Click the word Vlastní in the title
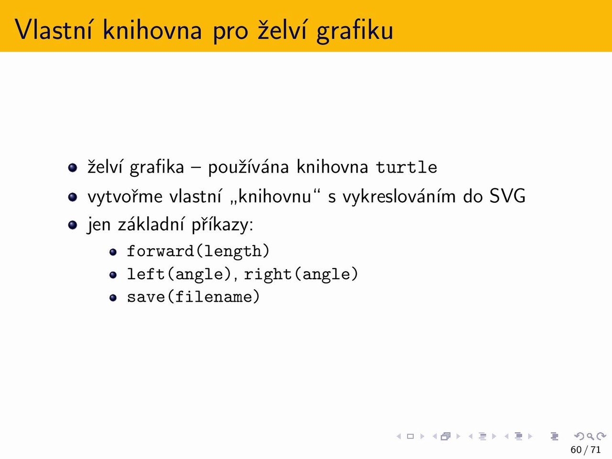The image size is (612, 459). [53, 30]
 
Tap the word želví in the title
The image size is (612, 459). [282, 30]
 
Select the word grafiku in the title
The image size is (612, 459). [355, 31]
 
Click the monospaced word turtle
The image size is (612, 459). [406, 167]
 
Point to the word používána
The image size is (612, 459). [249, 167]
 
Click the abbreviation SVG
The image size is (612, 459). [507, 196]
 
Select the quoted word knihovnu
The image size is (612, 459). [274, 196]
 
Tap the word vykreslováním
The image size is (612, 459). [399, 196]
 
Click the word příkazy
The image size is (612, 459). [222, 224]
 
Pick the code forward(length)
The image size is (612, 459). [198, 251]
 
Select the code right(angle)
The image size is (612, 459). [301, 274]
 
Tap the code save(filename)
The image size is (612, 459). [194, 296]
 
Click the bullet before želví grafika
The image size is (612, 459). [73, 167]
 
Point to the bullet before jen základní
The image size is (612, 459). [73, 225]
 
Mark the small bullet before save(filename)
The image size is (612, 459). [113, 298]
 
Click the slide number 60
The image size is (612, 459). [576, 449]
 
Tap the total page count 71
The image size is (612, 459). [596, 449]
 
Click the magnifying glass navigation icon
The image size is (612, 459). [590, 436]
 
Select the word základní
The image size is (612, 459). [151, 224]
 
